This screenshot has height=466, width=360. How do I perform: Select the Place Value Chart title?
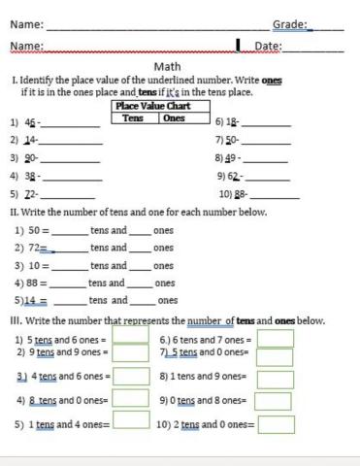point(151,105)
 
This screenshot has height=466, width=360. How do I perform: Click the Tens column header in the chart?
point(133,117)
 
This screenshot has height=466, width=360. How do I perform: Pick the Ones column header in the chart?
point(174,117)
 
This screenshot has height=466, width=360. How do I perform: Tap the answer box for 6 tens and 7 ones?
point(275,339)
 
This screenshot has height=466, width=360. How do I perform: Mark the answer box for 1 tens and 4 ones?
point(131,420)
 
